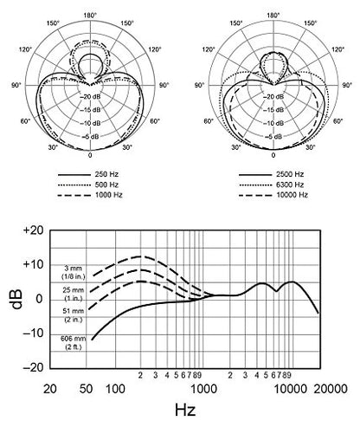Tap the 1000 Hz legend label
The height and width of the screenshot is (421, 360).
109,195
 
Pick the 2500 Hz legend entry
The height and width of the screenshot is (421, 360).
290,174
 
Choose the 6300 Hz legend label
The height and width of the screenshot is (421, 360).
290,185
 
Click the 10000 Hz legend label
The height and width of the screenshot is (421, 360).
292,195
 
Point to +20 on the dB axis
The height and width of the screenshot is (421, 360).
33,230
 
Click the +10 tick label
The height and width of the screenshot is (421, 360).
33,264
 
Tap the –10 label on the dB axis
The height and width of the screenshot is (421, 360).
33,334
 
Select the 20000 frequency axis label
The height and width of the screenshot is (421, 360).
331,389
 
